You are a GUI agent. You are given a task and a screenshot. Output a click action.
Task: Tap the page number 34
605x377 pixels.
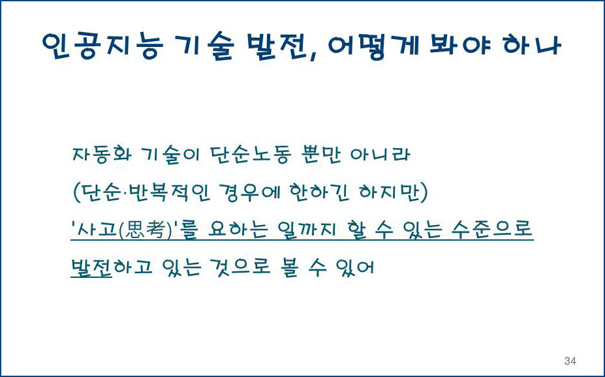point(570,361)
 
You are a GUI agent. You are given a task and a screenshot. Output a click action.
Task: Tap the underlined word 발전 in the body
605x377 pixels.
point(91,267)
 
